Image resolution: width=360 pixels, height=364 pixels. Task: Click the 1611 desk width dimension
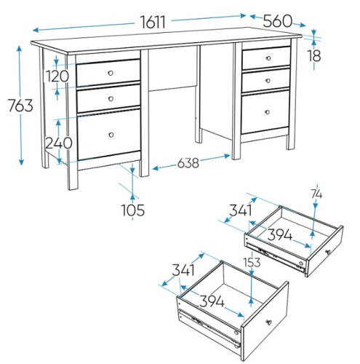(x=153, y=22)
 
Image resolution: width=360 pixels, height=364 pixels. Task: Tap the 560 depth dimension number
(x=278, y=21)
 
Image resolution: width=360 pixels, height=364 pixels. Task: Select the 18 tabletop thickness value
(x=314, y=55)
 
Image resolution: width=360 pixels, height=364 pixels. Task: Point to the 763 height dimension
(x=20, y=106)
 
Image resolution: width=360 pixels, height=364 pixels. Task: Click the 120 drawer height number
(x=57, y=76)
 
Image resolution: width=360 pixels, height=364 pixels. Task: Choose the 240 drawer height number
(x=59, y=143)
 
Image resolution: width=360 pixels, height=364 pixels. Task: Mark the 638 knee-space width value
(x=188, y=163)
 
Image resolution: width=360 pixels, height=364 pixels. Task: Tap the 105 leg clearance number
(x=133, y=210)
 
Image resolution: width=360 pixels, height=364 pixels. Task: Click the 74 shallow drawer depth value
(x=316, y=194)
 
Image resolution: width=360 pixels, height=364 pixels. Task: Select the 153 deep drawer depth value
(x=252, y=262)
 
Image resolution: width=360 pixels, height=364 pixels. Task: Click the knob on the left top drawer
(x=111, y=73)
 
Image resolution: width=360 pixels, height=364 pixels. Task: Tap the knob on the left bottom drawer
(x=111, y=135)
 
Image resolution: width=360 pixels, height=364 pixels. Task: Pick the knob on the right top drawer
(x=268, y=58)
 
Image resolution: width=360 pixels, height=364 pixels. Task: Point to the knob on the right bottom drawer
(x=268, y=112)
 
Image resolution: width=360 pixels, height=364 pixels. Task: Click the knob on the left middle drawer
(x=111, y=99)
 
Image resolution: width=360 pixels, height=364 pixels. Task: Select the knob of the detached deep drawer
(x=269, y=323)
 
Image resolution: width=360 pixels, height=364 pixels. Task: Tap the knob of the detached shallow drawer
(x=328, y=252)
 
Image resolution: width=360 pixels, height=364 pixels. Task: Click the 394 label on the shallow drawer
(x=280, y=235)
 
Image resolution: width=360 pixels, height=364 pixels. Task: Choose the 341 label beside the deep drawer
(x=183, y=270)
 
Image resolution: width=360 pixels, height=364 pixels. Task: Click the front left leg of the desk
(x=72, y=122)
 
